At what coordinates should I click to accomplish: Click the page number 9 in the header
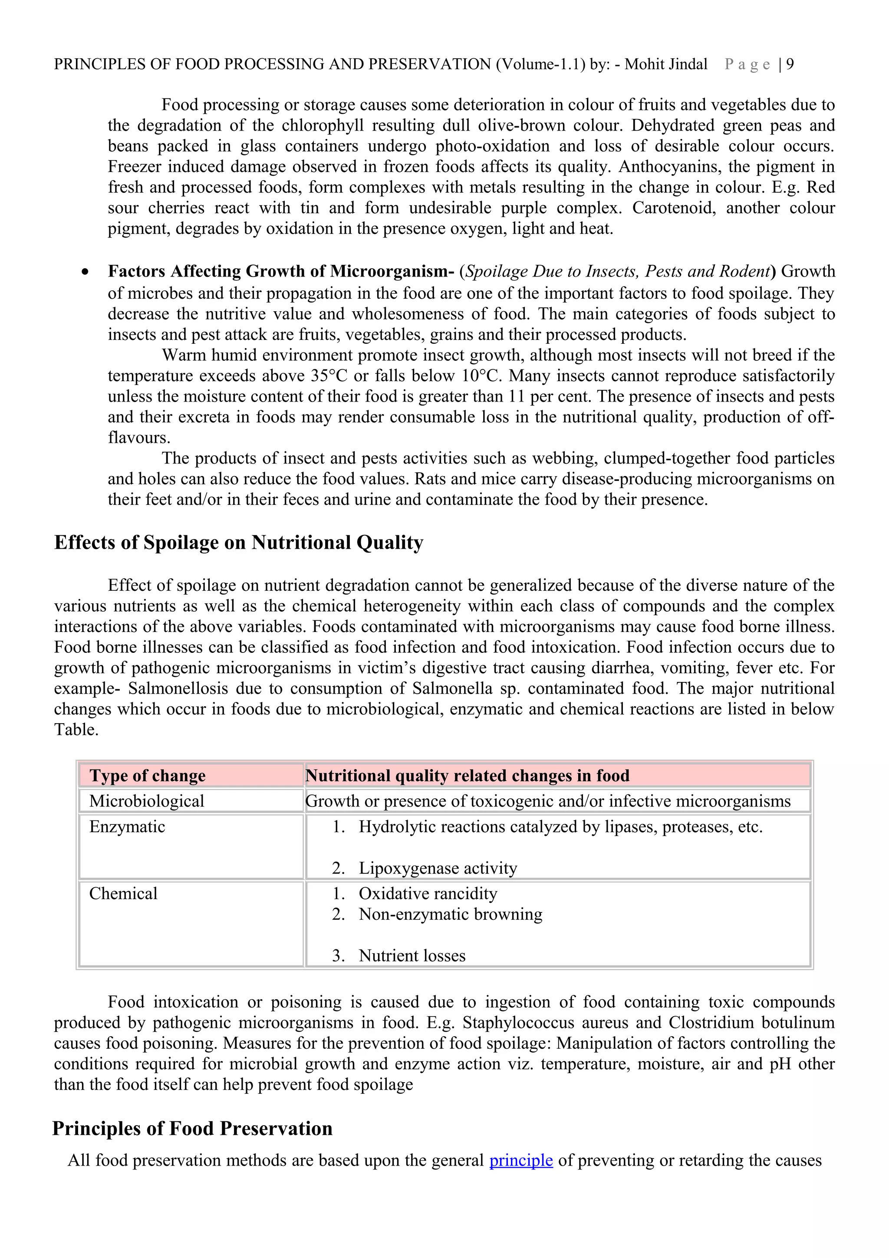click(x=790, y=65)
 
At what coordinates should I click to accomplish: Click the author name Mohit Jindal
click(x=665, y=65)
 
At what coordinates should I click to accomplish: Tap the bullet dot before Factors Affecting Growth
click(x=85, y=272)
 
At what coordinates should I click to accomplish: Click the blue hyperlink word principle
click(x=521, y=1160)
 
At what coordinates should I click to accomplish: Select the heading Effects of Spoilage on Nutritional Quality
click(x=239, y=543)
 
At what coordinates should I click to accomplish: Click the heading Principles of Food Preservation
click(x=192, y=1128)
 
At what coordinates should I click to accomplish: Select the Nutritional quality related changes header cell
click(x=467, y=775)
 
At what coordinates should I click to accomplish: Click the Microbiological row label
click(x=147, y=801)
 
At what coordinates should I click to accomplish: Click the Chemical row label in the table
click(x=123, y=894)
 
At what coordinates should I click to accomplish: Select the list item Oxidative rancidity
click(x=428, y=894)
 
